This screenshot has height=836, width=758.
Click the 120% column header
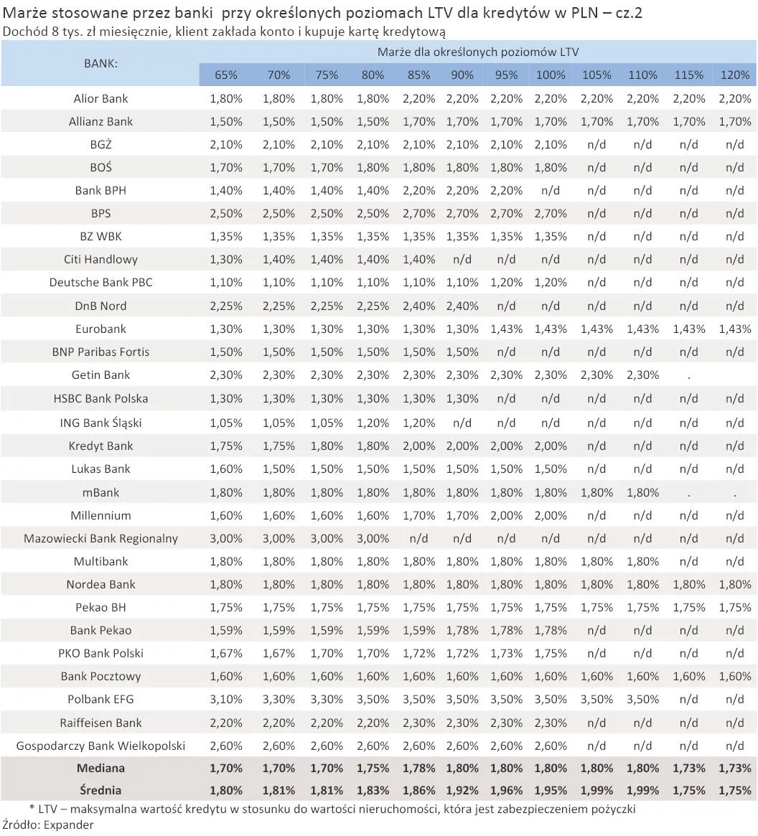(734, 75)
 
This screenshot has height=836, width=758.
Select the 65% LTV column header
(225, 75)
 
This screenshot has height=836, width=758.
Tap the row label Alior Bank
(100, 98)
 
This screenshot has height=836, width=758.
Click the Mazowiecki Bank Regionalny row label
(100, 538)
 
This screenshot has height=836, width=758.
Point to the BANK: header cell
(100, 63)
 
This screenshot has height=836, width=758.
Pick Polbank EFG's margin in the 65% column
(225, 699)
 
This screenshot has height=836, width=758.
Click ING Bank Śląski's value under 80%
(373, 423)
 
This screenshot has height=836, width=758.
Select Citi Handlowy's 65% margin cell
(225, 259)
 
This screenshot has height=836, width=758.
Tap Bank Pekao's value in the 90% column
(462, 630)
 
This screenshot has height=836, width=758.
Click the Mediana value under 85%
(418, 768)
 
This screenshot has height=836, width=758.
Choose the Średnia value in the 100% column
(551, 790)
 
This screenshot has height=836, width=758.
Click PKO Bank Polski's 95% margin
(506, 653)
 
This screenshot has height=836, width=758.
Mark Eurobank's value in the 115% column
(688, 329)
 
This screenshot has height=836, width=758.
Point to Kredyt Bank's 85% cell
(418, 446)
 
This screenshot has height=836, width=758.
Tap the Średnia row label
(100, 790)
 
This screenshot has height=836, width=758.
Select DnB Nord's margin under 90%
(462, 306)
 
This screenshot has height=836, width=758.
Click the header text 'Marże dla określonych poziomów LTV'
(477, 52)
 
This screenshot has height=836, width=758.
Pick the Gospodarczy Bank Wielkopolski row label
(100, 746)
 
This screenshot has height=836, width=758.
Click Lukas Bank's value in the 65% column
(225, 469)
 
